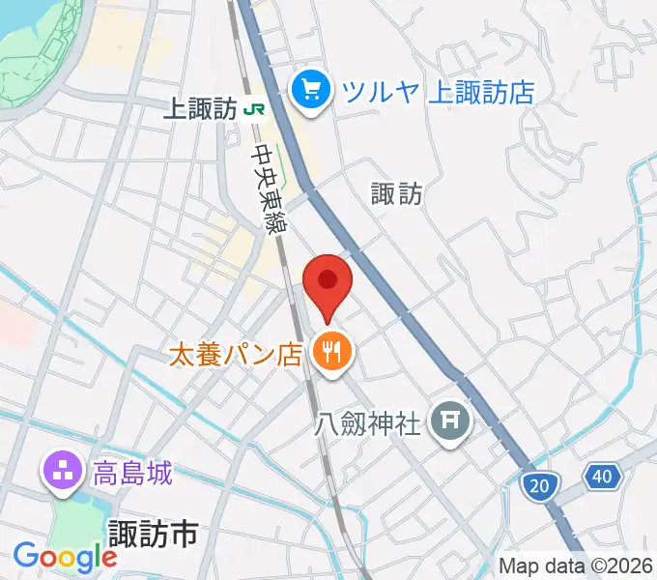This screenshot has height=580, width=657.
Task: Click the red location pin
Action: [328, 282]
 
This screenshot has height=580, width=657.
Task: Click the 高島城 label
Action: [132, 474]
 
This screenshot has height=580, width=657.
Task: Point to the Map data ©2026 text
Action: [577, 565]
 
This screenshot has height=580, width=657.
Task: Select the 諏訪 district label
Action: [396, 193]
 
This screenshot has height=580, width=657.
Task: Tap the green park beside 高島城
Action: [72, 522]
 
